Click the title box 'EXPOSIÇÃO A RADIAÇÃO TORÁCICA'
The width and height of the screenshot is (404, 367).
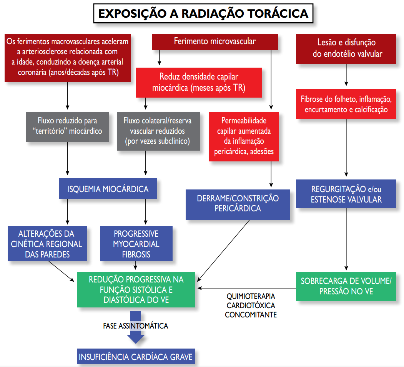coord(203,13)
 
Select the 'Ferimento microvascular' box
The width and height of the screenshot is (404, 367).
coord(214,42)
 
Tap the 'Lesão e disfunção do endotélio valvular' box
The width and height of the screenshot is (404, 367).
coord(346,48)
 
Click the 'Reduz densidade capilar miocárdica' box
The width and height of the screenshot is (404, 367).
coord(199,83)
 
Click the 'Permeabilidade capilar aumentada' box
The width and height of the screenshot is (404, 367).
coord(244,136)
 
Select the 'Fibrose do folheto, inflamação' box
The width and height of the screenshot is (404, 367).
coord(346,104)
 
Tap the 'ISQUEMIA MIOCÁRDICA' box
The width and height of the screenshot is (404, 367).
coord(108,189)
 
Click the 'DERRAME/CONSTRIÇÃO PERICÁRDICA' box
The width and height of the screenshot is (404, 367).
coord(238,204)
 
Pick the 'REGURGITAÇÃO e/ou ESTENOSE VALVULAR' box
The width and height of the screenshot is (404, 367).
coord(346,194)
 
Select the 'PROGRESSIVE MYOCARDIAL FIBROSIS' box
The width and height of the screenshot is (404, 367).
coord(136,244)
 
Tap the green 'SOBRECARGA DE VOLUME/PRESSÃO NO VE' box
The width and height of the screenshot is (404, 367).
coord(346,286)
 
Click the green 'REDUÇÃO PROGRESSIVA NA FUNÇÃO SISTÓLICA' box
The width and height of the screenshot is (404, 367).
coord(136,289)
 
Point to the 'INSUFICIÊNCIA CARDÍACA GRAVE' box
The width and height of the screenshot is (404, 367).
coord(136,357)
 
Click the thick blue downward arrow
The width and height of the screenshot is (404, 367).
coord(136,337)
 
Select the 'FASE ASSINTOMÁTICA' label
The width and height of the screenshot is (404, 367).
coord(136,326)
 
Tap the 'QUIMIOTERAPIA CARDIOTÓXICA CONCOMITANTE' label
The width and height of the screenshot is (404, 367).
coord(251,306)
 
